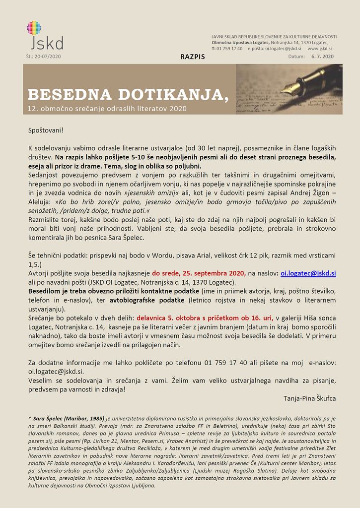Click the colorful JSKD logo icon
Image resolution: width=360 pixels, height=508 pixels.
[34, 28]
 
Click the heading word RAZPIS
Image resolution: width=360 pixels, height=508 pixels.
[193, 57]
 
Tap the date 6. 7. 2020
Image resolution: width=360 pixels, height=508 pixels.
[322, 57]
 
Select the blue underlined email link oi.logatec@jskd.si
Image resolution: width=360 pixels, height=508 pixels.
[308, 273]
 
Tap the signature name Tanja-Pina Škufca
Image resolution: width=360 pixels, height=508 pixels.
[309, 398]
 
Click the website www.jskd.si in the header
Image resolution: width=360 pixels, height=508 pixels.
[320, 49]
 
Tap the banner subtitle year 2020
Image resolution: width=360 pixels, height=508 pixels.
[178, 108]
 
